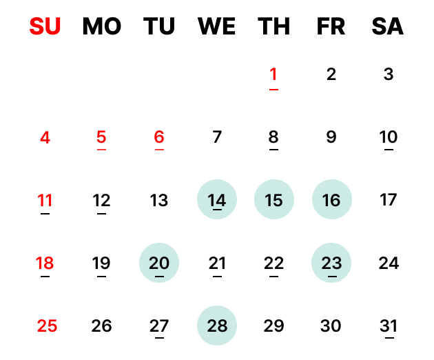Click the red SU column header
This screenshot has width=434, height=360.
click(45, 27)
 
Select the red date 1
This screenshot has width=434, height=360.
click(273, 74)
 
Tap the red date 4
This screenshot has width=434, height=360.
click(45, 137)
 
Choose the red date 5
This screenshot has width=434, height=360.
click(101, 137)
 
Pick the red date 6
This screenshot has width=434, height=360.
click(159, 137)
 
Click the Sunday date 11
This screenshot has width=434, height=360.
click(45, 201)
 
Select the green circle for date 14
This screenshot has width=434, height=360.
click(217, 200)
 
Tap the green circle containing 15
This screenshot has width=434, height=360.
click(274, 200)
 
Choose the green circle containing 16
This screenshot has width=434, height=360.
click(332, 200)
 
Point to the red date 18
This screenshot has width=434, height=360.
click(45, 263)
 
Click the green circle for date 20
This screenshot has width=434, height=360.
click(159, 263)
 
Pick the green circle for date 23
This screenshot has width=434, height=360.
click(331, 263)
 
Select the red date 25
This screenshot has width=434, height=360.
click(47, 326)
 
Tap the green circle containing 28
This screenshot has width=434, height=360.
click(217, 326)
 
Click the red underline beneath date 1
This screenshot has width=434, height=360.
click(273, 89)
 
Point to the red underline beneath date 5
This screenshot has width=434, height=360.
click(101, 149)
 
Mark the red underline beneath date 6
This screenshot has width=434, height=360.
click(159, 149)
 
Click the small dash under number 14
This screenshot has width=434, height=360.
click(217, 209)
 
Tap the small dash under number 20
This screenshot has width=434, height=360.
click(159, 277)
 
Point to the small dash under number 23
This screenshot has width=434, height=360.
click(331, 277)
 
